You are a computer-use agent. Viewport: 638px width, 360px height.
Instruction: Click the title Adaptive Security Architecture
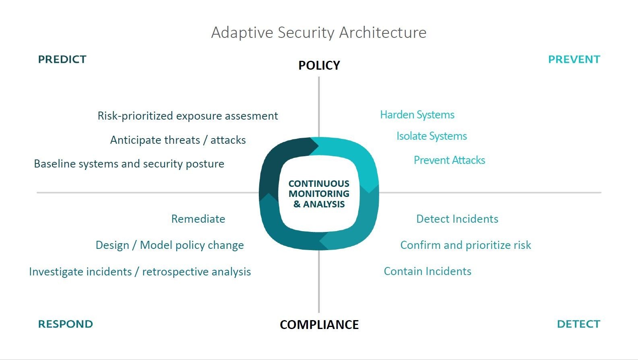click(x=318, y=33)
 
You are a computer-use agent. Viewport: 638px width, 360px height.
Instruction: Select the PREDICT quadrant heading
click(x=62, y=60)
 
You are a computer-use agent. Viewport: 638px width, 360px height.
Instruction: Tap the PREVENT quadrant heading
click(x=574, y=60)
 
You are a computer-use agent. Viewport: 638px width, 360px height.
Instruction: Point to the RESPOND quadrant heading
click(x=65, y=324)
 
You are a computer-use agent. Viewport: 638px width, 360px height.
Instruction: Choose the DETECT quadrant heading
click(x=578, y=324)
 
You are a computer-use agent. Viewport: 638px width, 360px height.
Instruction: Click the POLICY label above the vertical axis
click(x=319, y=65)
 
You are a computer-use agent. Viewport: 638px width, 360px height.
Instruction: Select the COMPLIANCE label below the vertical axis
click(x=319, y=325)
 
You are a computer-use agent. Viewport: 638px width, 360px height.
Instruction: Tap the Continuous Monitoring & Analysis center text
click(x=319, y=194)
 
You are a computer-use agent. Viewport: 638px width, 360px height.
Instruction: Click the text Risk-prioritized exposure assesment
click(x=188, y=116)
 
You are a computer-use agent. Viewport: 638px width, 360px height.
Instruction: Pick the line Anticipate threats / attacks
click(x=178, y=140)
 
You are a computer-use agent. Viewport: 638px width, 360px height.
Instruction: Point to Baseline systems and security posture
click(x=129, y=164)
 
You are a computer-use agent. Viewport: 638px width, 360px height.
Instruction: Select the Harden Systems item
click(x=417, y=115)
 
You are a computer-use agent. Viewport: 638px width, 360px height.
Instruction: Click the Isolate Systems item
click(x=432, y=136)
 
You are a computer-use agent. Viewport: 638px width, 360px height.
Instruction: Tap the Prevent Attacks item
click(x=449, y=160)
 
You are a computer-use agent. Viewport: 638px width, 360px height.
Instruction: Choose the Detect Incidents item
click(x=457, y=219)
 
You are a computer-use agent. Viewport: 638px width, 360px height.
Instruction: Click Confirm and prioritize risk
click(x=466, y=245)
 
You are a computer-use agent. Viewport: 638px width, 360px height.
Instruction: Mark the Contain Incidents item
click(x=427, y=271)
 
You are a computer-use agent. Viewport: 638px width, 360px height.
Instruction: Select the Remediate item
click(x=198, y=219)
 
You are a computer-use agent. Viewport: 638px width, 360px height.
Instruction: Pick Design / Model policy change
click(x=169, y=245)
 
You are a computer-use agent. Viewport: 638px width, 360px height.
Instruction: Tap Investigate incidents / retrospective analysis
click(x=140, y=272)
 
